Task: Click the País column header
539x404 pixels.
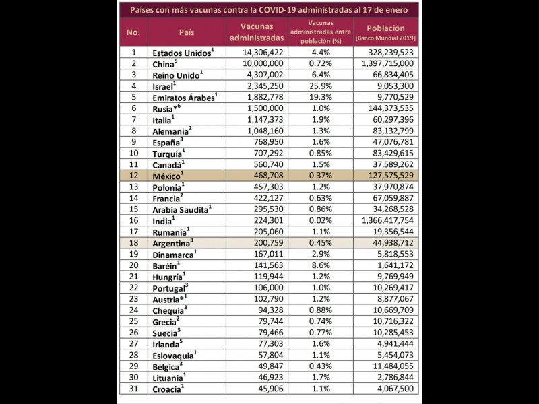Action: coord(187,32)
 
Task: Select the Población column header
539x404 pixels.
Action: coord(387,28)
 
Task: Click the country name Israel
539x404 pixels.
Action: coord(163,86)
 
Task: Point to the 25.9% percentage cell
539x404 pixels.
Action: coord(319,86)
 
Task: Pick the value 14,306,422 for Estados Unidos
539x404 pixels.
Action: coord(261,52)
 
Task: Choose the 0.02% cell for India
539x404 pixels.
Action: coord(319,220)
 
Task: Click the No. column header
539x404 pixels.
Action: coord(133,32)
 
